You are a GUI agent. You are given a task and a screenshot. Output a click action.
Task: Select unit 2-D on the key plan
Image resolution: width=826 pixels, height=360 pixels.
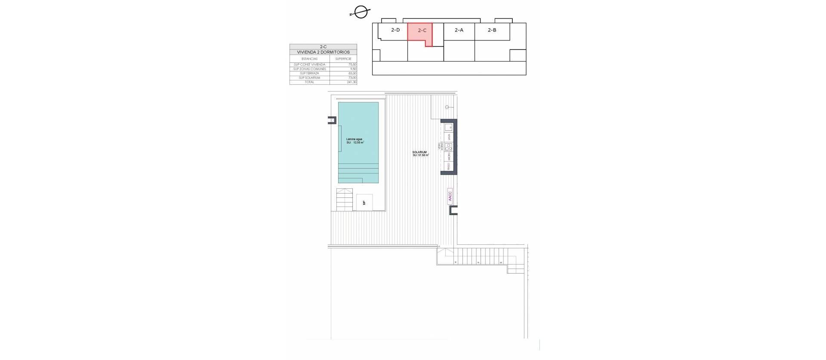pyautogui.click(x=395, y=30)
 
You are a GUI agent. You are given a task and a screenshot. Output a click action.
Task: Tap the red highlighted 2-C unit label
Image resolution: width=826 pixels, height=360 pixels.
pyautogui.click(x=422, y=31)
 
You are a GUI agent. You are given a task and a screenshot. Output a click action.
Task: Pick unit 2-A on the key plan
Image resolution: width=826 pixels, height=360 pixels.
pyautogui.click(x=459, y=30)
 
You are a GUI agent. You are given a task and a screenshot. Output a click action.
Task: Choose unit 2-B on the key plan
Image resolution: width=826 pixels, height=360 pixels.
pyautogui.click(x=492, y=30)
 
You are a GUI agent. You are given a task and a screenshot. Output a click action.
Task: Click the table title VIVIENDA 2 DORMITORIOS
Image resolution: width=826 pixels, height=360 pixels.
pyautogui.click(x=323, y=52)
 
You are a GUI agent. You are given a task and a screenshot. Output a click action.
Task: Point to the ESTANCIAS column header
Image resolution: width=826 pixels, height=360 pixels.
pyautogui.click(x=310, y=58)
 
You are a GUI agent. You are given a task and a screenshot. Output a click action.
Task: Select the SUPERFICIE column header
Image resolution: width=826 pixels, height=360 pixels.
pyautogui.click(x=343, y=58)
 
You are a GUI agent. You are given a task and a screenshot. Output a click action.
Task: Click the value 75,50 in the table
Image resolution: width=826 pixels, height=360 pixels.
pyautogui.click(x=352, y=65)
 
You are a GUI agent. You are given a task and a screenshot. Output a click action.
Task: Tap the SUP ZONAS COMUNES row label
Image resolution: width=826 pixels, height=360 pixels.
pyautogui.click(x=310, y=69)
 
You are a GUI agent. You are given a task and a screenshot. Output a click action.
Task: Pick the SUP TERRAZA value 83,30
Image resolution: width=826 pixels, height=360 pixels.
pyautogui.click(x=352, y=73)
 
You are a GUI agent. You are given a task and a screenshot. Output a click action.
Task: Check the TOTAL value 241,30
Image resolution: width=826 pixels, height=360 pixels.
pyautogui.click(x=351, y=82)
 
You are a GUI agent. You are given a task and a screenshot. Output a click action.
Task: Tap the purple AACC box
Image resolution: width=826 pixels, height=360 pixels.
pyautogui.click(x=450, y=196)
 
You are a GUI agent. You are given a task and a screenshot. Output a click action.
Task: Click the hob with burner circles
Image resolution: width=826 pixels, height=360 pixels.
pyautogui.click(x=448, y=146)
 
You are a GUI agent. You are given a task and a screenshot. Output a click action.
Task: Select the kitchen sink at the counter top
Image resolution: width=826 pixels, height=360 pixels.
pyautogui.click(x=448, y=127)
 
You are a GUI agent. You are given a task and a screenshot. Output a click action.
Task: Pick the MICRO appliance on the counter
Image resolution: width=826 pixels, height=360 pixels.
pyautogui.click(x=448, y=156)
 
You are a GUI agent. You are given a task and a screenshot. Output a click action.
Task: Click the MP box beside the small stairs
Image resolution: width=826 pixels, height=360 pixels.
pyautogui.click(x=364, y=203)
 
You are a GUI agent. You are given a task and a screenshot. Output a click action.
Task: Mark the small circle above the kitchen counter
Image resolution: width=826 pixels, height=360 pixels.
pyautogui.click(x=447, y=107)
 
